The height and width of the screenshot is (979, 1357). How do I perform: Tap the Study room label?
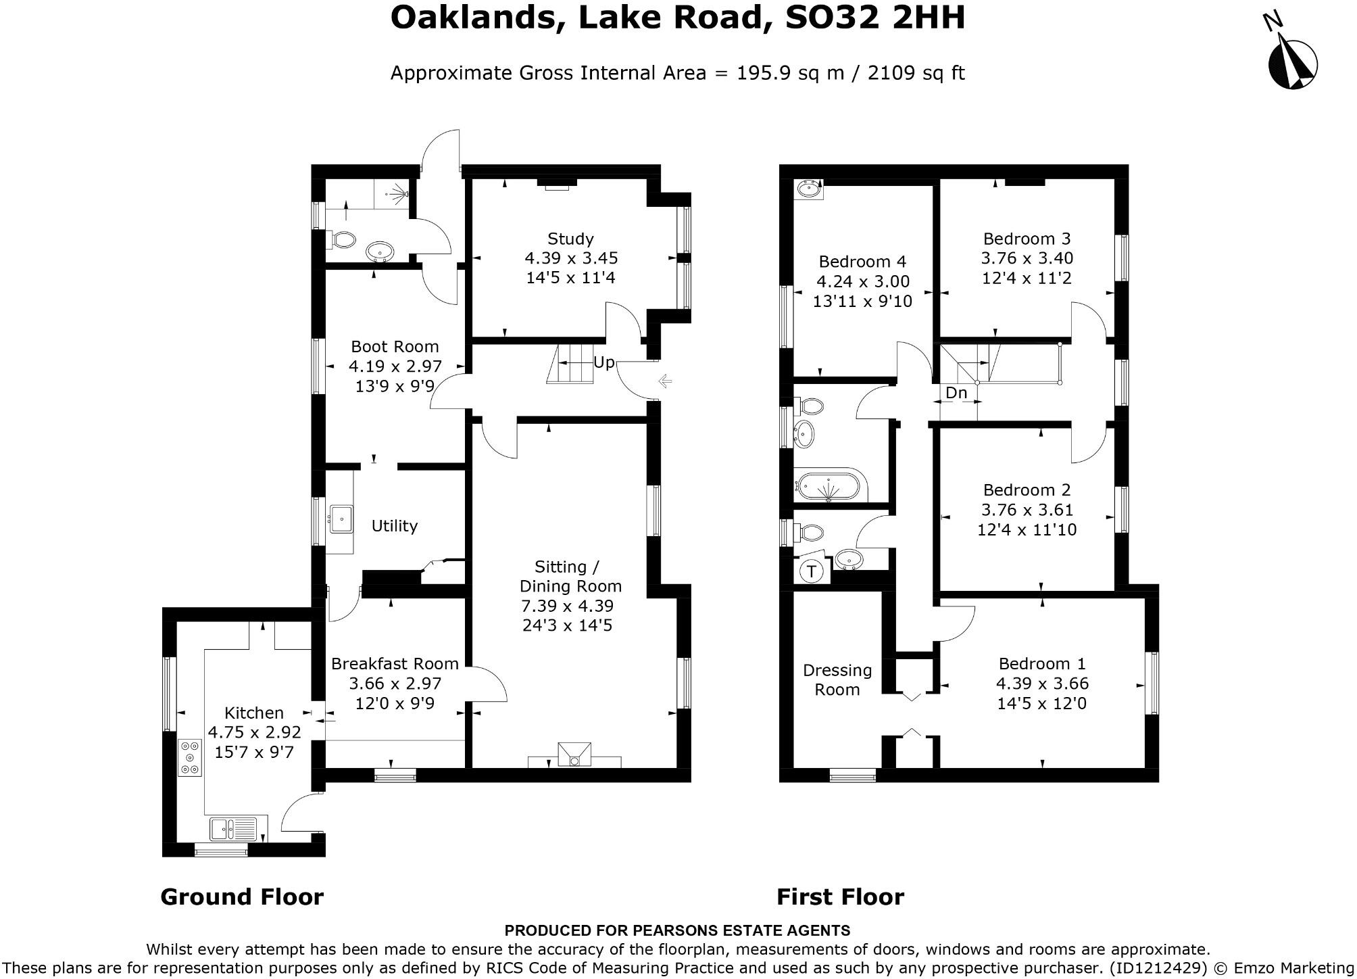[x=570, y=239]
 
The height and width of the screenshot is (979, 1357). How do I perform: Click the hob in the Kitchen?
[x=190, y=758]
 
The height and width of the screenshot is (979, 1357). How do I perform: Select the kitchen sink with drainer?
[x=234, y=828]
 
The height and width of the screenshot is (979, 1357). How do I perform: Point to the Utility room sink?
[x=341, y=519]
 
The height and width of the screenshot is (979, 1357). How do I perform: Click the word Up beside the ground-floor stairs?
[x=603, y=362]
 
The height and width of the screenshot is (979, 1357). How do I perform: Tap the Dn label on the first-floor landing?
[x=956, y=393]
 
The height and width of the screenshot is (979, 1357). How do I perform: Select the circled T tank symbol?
[x=812, y=571]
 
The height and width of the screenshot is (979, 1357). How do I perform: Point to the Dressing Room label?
[x=837, y=679]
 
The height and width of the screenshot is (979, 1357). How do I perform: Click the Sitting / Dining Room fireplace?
[x=574, y=755]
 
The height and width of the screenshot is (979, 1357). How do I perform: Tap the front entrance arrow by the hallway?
[x=665, y=382]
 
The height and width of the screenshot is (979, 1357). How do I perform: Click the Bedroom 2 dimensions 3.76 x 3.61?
[x=1027, y=510]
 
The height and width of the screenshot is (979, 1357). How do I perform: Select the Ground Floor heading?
[x=242, y=897]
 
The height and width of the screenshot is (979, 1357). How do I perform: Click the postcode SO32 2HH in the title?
[x=874, y=18]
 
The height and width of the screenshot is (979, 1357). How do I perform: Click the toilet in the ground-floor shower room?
[x=343, y=239]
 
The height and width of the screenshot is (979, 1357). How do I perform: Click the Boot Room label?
[x=395, y=347]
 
